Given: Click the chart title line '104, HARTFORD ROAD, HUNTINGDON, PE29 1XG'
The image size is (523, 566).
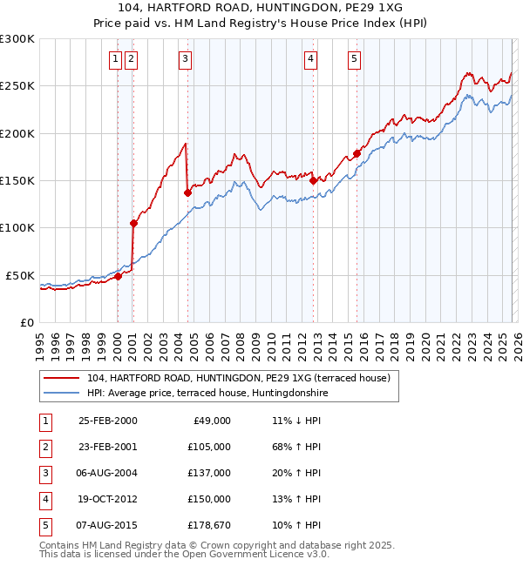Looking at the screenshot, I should point(261,8).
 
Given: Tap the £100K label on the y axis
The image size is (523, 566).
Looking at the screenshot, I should point(17,227).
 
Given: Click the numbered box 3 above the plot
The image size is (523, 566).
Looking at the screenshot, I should point(186,59).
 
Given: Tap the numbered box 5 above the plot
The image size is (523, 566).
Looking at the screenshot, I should point(355,59).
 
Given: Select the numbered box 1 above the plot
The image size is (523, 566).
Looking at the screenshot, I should point(115,59).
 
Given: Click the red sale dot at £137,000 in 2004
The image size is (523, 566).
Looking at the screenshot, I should point(187,193).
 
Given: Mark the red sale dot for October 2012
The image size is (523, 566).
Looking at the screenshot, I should point(313,181).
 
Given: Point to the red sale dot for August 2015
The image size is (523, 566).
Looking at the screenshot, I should point(357,154).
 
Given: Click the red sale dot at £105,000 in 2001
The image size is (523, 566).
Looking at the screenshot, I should point(133,223).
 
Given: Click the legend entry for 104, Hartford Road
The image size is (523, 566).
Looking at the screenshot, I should point(242,378).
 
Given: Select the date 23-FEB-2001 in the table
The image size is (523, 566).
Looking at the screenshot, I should point(107,446).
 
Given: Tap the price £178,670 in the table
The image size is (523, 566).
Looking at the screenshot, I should point(207,525).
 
